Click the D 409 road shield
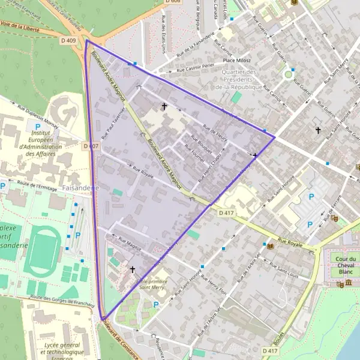click(68, 41)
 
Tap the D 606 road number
click(172, 2)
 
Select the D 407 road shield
click(91, 146)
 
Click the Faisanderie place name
click(80, 187)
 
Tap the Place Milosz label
click(236, 60)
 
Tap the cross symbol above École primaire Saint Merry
click(132, 270)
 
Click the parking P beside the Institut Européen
click(37, 128)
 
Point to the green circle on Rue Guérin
click(288, 74)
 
